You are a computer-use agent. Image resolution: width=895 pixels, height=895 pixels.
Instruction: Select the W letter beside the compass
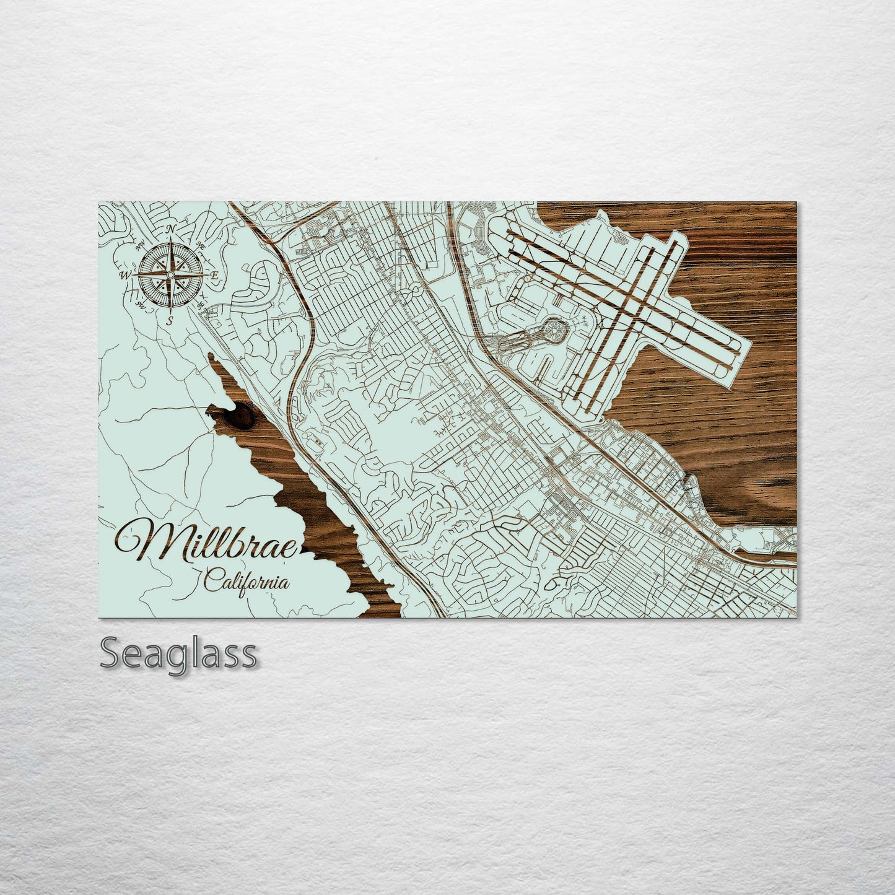coord(125,275)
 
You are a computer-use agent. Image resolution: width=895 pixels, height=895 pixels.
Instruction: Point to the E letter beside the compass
coord(214,275)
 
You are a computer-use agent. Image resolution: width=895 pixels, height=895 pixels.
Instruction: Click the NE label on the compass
coord(200,246)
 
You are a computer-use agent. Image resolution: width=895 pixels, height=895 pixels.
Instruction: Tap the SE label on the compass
coord(200,305)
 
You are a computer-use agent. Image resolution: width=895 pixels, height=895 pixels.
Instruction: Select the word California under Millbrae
coord(247,582)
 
